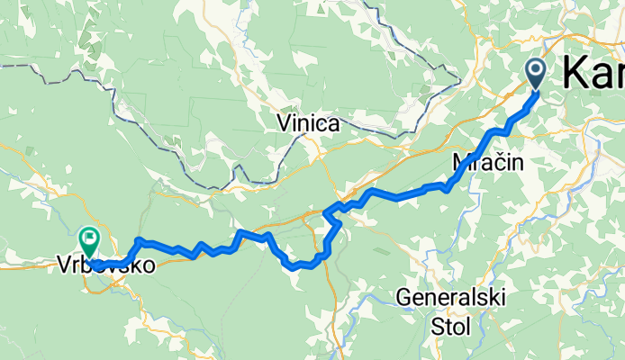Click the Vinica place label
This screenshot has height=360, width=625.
[309, 123]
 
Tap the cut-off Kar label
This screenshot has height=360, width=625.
[593, 73]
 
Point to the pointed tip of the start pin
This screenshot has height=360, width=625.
[535, 90]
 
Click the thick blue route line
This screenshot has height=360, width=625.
[396, 195]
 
